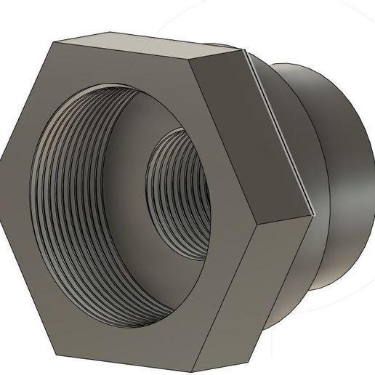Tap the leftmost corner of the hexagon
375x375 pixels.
pos(1,155)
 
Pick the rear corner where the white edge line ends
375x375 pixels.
pos(312,215)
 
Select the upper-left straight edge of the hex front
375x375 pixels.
pos(25,98)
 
